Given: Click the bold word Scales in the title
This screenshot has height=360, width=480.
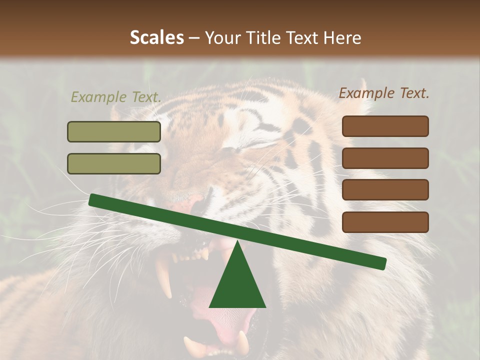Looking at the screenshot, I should pos(156,37).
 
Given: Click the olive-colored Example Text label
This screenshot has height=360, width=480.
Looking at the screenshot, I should pos(116,97).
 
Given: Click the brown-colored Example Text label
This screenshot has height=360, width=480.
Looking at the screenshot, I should pos(384,93).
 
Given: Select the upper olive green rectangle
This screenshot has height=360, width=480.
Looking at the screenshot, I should pos(114,131).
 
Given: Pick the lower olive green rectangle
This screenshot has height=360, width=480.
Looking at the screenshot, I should pos(114,163).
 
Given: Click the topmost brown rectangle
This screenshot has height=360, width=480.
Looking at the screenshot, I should pos(385,126).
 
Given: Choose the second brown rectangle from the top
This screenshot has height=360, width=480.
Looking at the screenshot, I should pos(385,158).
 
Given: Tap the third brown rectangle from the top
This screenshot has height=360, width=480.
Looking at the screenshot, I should pos(385,189).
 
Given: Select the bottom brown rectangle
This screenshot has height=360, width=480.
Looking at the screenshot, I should pos(385,222).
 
